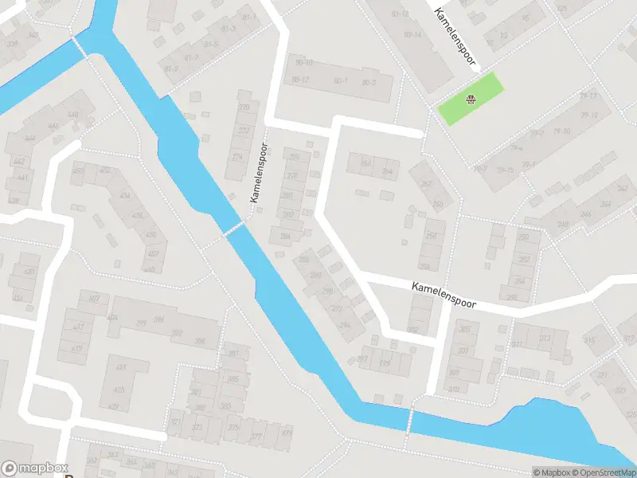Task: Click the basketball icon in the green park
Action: tap(471, 100)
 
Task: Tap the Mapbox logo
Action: tap(34, 468)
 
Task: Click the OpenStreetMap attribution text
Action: tap(604, 472)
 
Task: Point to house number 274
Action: tap(237, 156)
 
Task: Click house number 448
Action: tap(73, 115)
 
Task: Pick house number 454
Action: tap(125, 196)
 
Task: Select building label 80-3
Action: tap(369, 82)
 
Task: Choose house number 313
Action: tap(545, 338)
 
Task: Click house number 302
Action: tap(412, 329)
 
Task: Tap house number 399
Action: tap(140, 322)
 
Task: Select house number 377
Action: tap(256, 437)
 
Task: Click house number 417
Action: tap(78, 327)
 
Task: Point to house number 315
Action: tap(589, 341)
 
